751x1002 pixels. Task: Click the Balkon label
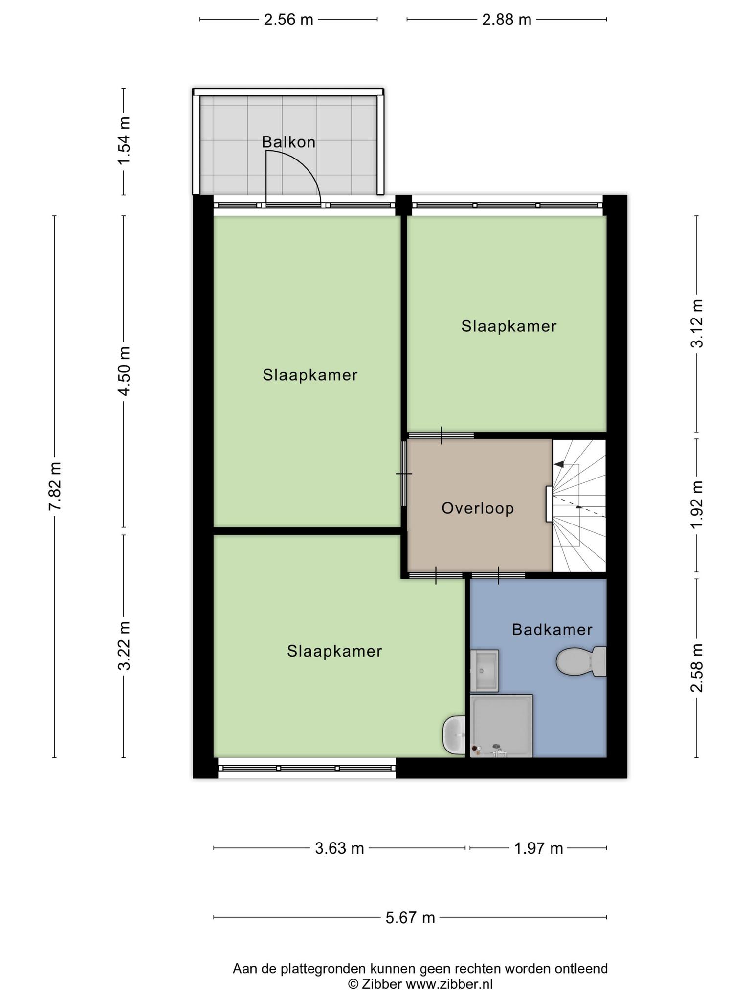(288, 142)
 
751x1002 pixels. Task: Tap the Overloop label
(478, 508)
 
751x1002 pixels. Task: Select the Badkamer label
(552, 629)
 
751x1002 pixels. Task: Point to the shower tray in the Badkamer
(502, 726)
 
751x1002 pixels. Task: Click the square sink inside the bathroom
(484, 671)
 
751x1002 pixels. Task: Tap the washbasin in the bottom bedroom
(454, 734)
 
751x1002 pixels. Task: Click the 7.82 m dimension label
(55, 486)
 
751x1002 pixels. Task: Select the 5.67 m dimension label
(410, 917)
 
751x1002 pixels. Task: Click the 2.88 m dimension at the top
(507, 20)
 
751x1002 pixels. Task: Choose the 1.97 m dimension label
(538, 848)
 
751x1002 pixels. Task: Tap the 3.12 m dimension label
(697, 323)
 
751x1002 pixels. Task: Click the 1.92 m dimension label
(697, 504)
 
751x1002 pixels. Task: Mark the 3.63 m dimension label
(339, 848)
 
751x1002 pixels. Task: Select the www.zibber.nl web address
(449, 984)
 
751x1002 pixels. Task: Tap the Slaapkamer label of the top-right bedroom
(509, 326)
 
